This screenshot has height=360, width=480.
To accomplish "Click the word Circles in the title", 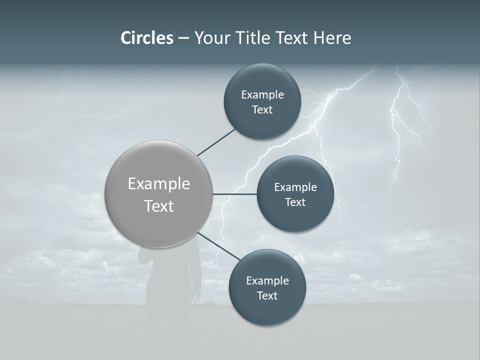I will [x=146, y=38].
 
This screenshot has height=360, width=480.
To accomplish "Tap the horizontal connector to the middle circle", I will [x=234, y=194].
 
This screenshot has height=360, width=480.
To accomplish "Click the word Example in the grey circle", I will [x=159, y=183].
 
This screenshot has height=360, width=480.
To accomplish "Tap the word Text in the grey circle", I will [x=159, y=206].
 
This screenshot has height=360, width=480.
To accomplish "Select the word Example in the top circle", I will [x=262, y=95].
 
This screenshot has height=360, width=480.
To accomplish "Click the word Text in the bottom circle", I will [x=267, y=295].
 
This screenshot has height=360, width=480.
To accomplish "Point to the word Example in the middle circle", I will [x=295, y=187].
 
